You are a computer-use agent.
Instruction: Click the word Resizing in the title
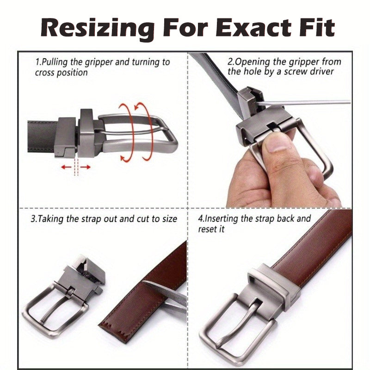point(97,29)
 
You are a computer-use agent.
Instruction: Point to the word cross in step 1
point(44,73)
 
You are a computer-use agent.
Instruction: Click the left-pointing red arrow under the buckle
point(66,167)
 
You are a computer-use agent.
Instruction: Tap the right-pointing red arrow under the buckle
point(86,167)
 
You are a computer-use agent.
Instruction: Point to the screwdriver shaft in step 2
point(304,103)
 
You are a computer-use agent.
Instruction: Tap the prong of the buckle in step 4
point(236,326)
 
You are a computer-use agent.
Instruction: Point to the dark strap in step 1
point(42,137)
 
